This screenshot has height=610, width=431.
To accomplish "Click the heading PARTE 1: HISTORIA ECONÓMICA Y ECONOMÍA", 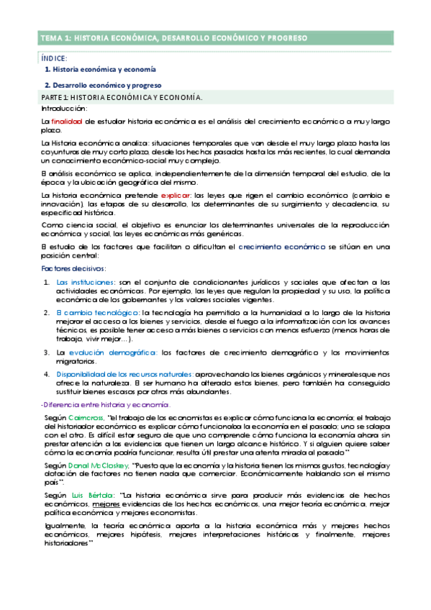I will click(x=122, y=96).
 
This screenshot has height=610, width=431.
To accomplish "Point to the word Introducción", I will click(x=65, y=108).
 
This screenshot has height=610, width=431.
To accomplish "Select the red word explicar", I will click(x=176, y=196).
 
